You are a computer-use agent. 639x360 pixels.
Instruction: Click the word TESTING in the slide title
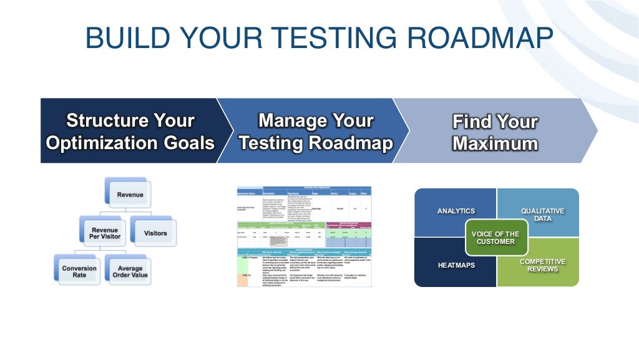(x=319, y=37)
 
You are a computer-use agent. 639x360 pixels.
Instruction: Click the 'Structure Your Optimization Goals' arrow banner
(x=130, y=131)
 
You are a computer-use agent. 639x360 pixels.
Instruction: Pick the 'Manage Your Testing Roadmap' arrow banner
(x=316, y=131)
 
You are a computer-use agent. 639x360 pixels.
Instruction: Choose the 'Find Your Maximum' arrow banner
(x=495, y=131)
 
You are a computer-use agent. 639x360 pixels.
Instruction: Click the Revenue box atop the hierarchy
(x=130, y=195)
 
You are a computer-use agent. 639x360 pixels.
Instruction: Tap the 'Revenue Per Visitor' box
(x=104, y=233)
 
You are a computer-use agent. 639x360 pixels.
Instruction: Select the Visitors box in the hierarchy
(x=155, y=233)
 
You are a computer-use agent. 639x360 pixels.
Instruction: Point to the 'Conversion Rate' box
(x=79, y=271)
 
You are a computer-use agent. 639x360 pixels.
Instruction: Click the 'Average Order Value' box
(x=130, y=271)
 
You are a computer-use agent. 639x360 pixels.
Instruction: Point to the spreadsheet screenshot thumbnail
(x=304, y=236)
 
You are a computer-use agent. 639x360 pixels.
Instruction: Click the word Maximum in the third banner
(x=495, y=143)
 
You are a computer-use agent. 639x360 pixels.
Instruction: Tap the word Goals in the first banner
(x=185, y=143)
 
